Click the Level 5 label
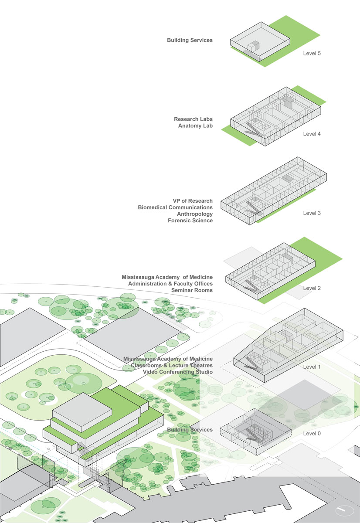(312, 54)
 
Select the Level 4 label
(312, 134)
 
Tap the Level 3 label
(312, 213)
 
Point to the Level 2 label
(312, 289)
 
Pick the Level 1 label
(312, 367)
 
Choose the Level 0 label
(312, 434)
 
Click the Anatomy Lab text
(195, 126)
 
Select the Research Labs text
(194, 119)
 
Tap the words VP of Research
(193, 201)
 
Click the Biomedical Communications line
(175, 207)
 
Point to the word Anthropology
(195, 214)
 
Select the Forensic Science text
(190, 221)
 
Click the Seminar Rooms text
(192, 290)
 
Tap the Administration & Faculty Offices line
(170, 284)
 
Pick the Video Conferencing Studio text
(178, 372)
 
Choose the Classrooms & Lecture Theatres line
(172, 365)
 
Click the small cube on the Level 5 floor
(253, 46)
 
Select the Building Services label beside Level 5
(190, 40)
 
